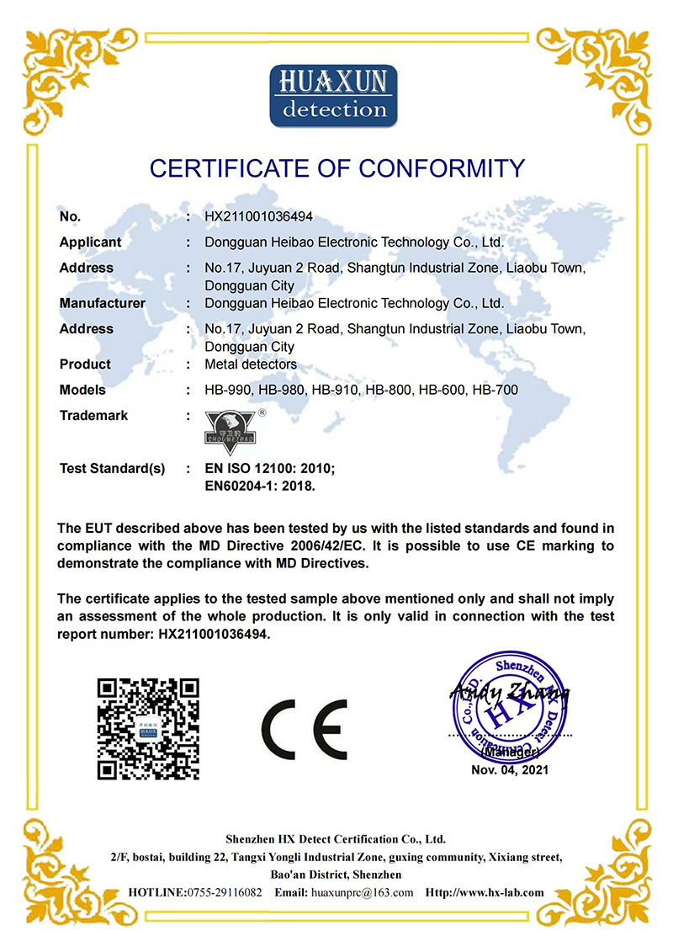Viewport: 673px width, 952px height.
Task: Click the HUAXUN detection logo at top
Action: click(x=333, y=95)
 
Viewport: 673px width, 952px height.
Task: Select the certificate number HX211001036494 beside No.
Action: click(x=259, y=217)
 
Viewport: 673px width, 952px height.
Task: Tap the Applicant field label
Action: click(x=90, y=242)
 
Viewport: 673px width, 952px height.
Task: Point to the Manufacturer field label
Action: click(x=102, y=303)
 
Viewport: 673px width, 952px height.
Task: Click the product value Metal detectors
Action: click(x=250, y=364)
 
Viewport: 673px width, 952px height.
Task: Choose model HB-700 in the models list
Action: click(x=495, y=390)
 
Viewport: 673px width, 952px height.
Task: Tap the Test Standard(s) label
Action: click(x=112, y=468)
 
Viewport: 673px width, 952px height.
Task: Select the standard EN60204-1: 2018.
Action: click(x=260, y=486)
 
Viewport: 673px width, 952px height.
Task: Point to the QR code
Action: click(x=148, y=728)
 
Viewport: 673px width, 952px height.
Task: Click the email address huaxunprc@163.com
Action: click(x=362, y=892)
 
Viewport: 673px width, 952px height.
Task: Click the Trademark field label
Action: click(x=93, y=416)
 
